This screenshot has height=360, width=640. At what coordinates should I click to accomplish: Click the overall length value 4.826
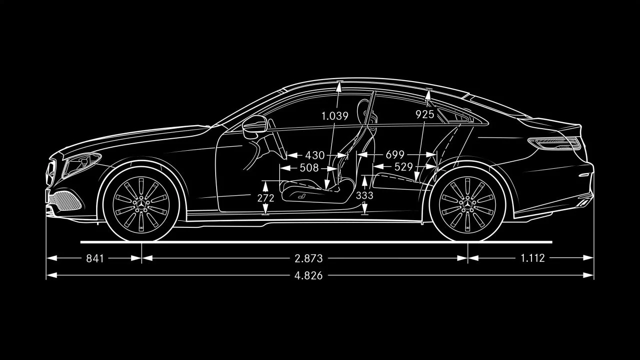308,276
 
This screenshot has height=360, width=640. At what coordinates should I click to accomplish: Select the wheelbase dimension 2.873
309,258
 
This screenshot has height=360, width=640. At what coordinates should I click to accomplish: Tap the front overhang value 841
95,258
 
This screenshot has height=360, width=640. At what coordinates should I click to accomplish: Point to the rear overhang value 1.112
532,258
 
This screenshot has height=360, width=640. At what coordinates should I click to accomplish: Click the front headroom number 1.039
335,116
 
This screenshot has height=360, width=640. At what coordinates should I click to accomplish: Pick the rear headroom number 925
425,114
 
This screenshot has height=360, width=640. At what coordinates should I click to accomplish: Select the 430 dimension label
315,156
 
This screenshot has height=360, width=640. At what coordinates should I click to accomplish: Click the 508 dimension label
309,168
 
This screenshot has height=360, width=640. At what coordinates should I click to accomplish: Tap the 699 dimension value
395,155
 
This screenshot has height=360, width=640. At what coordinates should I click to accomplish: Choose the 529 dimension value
403,167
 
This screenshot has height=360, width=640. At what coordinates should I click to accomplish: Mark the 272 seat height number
266,198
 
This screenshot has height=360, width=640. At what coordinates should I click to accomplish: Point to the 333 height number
365,196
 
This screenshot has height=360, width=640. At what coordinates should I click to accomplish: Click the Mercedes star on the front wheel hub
141,203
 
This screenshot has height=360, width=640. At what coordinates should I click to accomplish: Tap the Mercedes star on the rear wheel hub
467,204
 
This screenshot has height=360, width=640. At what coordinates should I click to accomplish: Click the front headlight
82,164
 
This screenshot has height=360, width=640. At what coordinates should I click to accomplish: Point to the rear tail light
554,143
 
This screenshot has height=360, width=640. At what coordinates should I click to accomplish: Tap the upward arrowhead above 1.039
339,86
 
